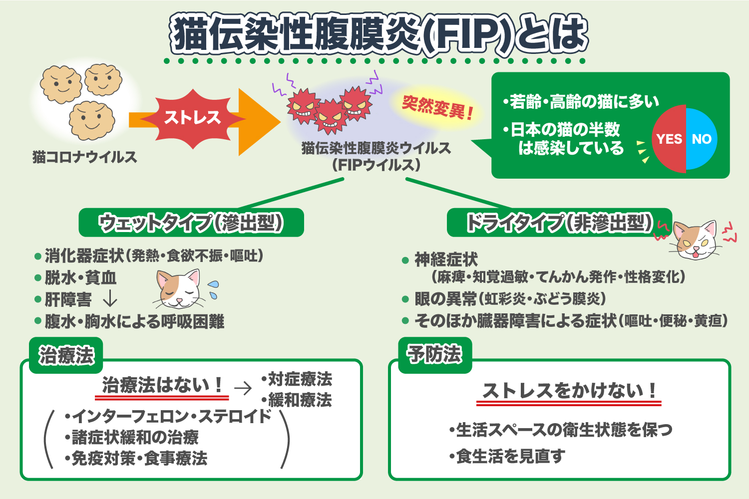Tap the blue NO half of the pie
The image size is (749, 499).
[702, 139]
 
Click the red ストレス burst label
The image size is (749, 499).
[192, 118]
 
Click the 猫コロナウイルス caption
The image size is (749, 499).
[84, 157]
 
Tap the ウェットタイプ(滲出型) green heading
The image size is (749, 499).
[191, 223]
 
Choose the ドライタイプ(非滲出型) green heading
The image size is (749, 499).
[559, 223]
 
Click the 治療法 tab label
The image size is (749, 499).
[66, 355]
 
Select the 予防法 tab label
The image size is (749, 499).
[434, 354]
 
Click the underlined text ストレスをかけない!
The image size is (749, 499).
[569, 390]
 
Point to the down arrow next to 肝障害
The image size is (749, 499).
[109, 299]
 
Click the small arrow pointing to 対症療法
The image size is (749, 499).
[243, 388]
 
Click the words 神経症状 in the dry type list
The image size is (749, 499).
[446, 259]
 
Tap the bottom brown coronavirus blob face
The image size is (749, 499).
[91, 121]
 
